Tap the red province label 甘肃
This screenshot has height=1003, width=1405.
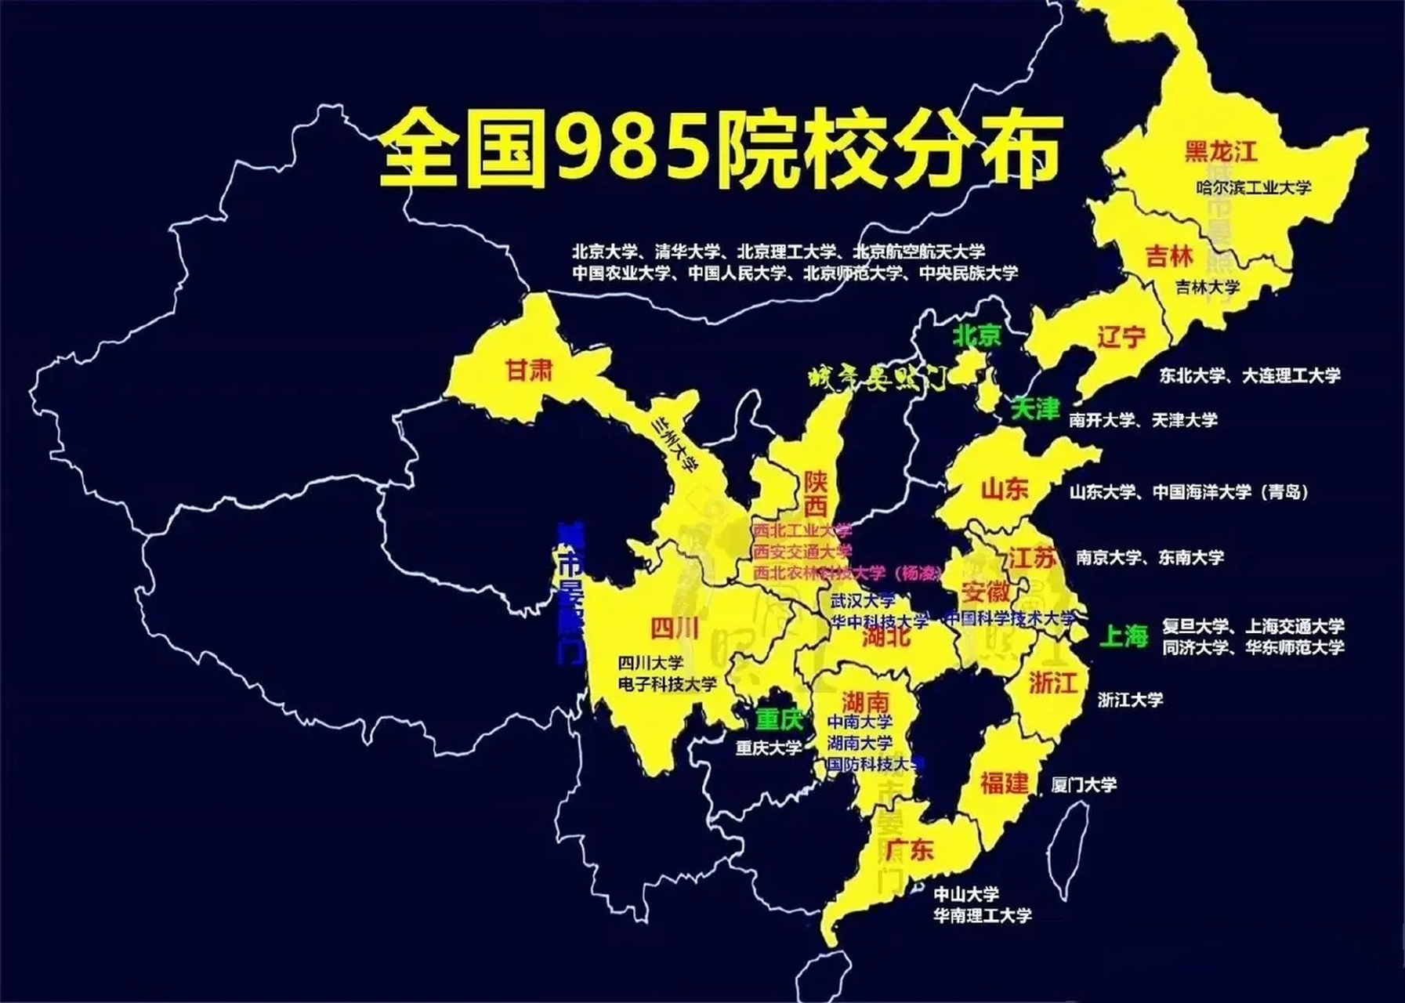[530, 370]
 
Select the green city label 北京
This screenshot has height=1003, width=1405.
[976, 335]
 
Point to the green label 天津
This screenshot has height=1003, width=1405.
[1035, 408]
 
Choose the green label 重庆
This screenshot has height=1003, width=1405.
[780, 719]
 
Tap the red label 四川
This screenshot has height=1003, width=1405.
[675, 628]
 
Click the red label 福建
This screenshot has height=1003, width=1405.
[1004, 782]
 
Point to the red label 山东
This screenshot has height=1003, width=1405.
[1005, 489]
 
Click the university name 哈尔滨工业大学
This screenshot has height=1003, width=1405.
[1254, 188]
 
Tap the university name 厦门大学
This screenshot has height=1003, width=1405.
[1084, 784]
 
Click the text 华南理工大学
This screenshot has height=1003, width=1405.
[982, 915]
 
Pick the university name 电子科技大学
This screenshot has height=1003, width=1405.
[667, 684]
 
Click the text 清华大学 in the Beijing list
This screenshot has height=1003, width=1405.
[687, 252]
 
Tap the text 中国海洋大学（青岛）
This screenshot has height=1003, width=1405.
[1230, 492]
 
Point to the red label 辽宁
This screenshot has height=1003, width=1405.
[1121, 336]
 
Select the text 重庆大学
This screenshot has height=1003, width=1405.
[768, 748]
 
